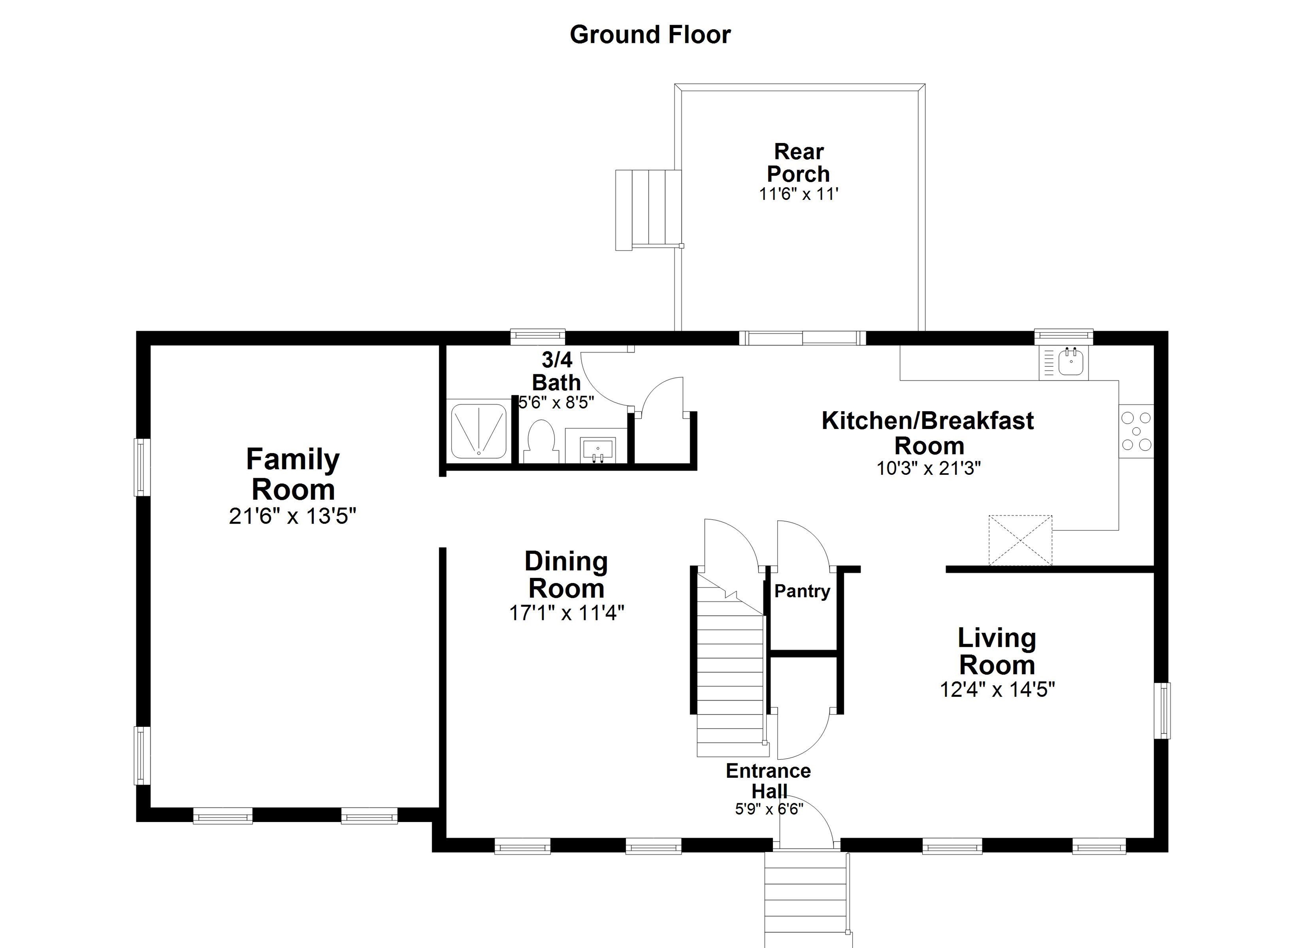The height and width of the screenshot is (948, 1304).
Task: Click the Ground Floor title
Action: click(x=650, y=34)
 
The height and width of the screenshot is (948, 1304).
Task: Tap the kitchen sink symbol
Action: click(x=1071, y=362)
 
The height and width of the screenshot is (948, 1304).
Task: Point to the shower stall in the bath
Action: click(x=478, y=431)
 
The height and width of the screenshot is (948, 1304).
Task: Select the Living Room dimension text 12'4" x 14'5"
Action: click(x=997, y=689)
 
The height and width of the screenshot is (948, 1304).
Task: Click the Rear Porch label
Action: click(x=798, y=163)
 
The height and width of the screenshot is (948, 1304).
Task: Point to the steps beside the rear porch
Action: click(x=648, y=210)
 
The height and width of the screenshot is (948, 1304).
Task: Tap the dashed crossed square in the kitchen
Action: click(x=1020, y=540)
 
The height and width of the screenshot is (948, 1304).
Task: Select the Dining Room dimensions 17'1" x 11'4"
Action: click(x=566, y=613)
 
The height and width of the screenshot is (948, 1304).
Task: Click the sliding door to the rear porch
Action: click(x=802, y=338)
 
